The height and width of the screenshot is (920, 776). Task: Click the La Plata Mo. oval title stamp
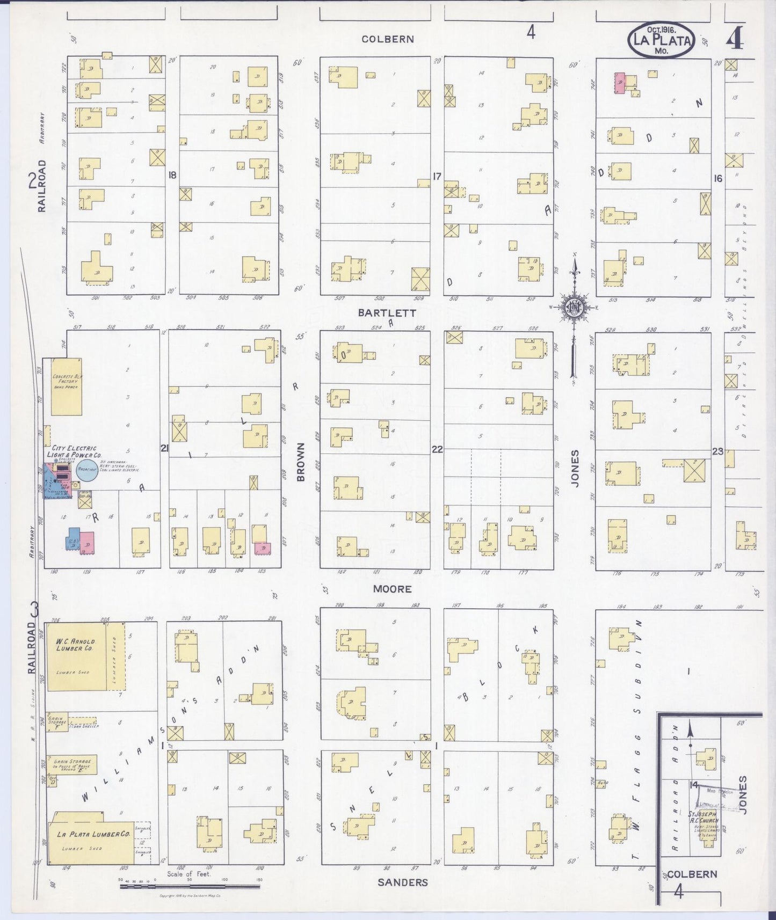[661, 40]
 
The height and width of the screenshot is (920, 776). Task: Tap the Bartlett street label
[395, 313]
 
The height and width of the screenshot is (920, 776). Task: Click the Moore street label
[393, 589]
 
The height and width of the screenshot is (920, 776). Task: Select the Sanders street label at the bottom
[403, 882]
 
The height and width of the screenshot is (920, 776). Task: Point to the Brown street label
[301, 462]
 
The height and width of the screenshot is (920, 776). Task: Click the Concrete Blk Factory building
[67, 386]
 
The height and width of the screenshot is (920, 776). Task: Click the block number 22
[437, 449]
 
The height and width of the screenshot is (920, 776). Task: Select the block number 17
[436, 176]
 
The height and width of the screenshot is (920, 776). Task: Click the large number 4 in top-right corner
[735, 39]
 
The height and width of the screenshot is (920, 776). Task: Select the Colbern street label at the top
[387, 39]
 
